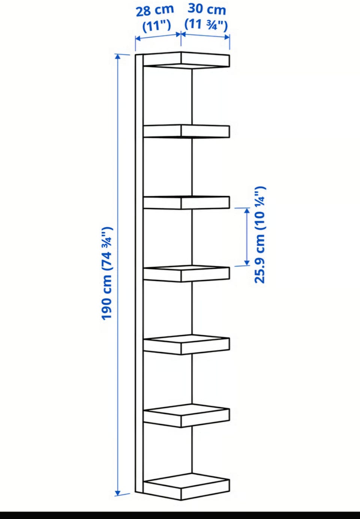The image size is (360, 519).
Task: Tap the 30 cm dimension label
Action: [206, 9]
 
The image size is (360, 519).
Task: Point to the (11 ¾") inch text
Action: [206, 24]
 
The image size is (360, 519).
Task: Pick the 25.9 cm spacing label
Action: [260, 234]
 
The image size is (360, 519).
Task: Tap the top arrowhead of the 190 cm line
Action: [118, 57]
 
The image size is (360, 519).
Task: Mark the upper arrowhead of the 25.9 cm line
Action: [247, 211]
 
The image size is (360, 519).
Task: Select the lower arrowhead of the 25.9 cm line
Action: [247, 262]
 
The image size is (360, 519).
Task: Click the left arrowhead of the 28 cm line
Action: [138, 39]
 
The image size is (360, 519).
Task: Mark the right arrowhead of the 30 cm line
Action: [226, 37]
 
